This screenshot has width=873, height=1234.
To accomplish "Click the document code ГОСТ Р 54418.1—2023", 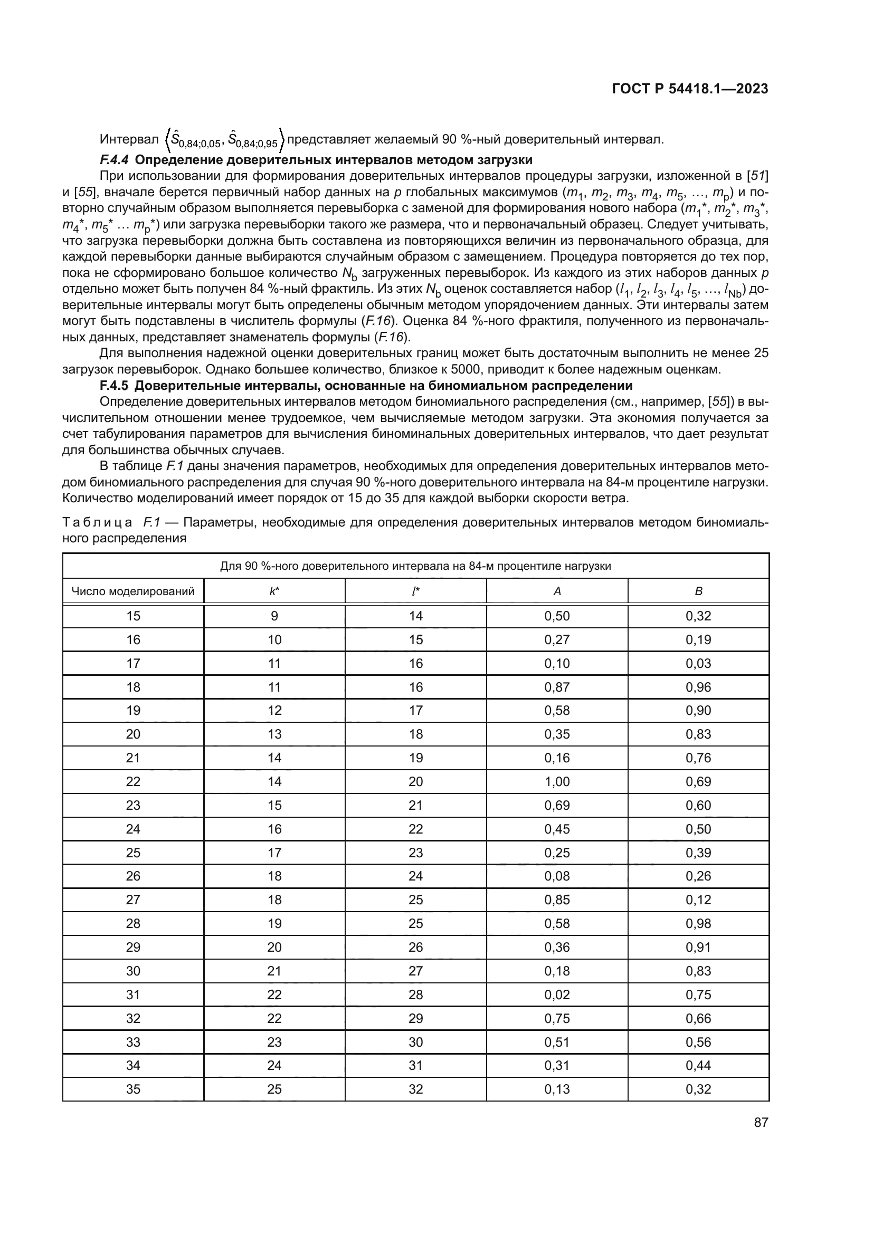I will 690,89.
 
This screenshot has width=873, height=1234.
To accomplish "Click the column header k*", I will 274,591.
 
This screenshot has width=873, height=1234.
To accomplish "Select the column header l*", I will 415,591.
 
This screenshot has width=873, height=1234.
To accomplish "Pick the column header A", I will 557,591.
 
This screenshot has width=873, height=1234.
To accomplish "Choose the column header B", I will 698,591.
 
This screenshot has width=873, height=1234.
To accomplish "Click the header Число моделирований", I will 133,592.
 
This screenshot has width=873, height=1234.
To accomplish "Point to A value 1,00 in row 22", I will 557,781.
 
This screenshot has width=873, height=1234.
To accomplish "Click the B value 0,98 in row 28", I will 698,923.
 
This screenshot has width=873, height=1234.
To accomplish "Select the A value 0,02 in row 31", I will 557,994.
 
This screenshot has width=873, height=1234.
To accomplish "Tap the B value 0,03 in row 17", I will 698,663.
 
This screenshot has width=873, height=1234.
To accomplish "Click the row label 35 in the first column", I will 133,1089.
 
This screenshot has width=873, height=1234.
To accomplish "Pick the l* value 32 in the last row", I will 415,1089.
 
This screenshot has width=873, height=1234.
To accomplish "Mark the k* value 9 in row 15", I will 274,616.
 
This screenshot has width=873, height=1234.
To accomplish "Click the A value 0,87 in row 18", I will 557,687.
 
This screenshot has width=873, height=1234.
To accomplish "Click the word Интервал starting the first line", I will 129,140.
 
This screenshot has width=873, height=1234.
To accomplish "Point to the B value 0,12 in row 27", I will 698,900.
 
